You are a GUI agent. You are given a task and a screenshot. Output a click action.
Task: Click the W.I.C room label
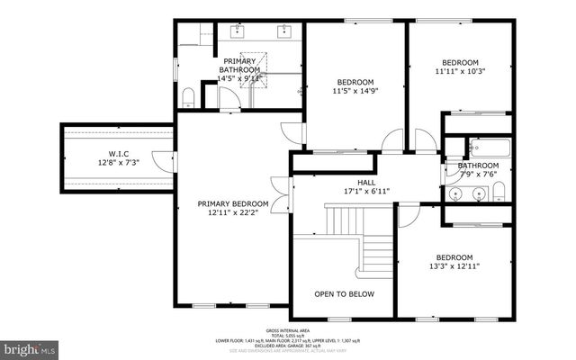(x=119, y=154)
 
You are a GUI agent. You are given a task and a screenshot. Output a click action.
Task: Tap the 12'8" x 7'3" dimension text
(x=119, y=164)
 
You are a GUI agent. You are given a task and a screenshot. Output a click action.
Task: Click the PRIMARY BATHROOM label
(x=240, y=65)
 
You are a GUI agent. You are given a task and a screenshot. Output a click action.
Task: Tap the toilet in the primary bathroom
(x=188, y=96)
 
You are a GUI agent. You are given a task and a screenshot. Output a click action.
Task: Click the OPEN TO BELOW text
(x=343, y=294)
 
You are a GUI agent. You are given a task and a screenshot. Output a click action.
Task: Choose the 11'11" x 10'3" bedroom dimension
(x=460, y=71)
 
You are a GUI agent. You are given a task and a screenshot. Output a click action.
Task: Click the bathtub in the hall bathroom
(x=486, y=148)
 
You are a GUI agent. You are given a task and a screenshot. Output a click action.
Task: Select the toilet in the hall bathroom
(x=499, y=190)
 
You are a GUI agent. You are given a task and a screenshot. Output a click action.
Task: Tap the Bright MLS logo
(x=31, y=346)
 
